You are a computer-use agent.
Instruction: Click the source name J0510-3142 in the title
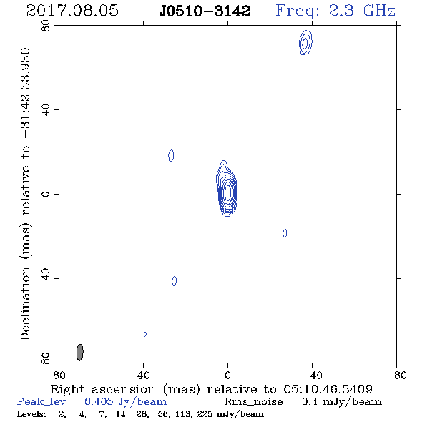click(205, 11)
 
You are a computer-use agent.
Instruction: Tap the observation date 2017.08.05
click(72, 11)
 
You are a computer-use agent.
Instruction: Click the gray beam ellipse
click(80, 353)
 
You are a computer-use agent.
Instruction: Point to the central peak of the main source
click(227, 192)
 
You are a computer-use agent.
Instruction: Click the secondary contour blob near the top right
click(305, 42)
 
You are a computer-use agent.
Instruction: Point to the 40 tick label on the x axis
click(143, 375)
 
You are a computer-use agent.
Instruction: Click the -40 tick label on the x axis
click(312, 375)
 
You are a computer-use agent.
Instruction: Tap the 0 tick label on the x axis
click(227, 375)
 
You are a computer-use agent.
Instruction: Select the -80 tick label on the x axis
click(396, 375)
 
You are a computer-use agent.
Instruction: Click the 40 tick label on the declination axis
click(46, 110)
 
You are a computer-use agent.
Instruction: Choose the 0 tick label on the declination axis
click(46, 194)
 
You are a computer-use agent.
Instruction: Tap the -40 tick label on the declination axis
click(46, 278)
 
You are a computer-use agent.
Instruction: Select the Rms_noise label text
click(257, 402)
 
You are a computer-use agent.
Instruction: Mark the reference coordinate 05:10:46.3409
click(328, 389)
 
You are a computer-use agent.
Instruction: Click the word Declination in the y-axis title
click(25, 303)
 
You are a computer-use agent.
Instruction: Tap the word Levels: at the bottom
click(31, 413)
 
